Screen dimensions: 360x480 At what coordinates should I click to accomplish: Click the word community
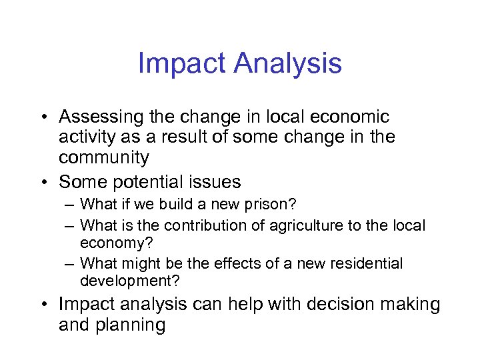[x=104, y=158]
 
